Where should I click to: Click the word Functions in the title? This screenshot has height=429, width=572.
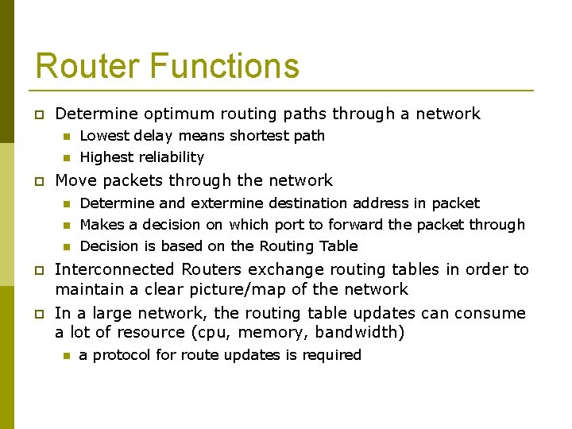pos(222,66)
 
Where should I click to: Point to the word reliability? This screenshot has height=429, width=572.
pos(169,157)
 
